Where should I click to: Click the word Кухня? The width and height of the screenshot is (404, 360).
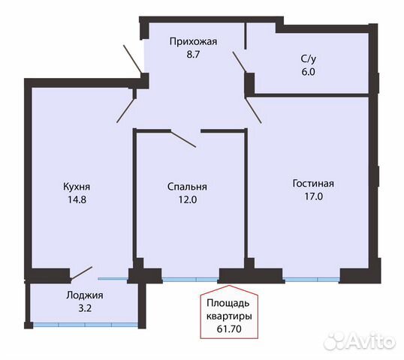coord(77,187)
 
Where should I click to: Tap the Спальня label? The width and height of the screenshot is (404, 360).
coord(187,187)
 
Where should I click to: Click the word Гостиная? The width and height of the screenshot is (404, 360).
coord(313,183)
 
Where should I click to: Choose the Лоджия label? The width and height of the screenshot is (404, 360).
coord(83,295)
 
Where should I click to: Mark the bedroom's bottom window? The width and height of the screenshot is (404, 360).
coord(189,279)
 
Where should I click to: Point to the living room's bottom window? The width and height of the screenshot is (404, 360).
coord(311,279)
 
